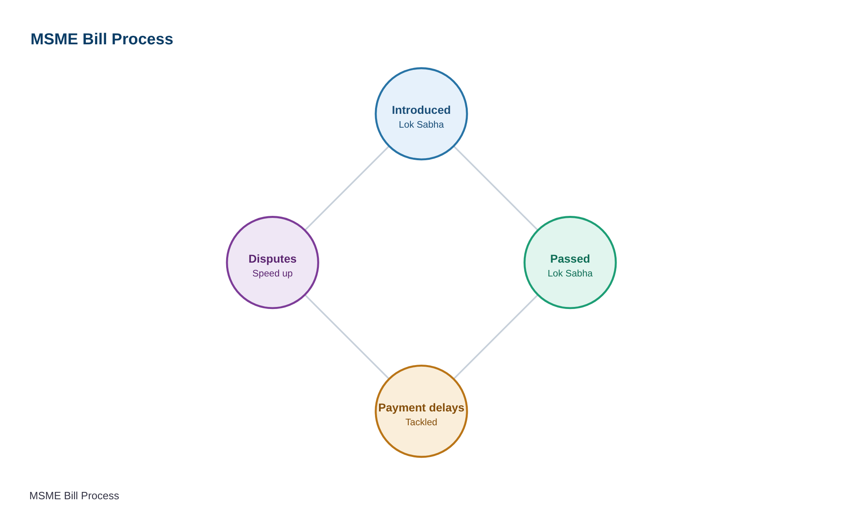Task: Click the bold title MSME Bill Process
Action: pyautogui.click(x=102, y=39)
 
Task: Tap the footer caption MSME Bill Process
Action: pyautogui.click(x=74, y=496)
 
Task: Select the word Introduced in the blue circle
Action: pyautogui.click(x=421, y=110)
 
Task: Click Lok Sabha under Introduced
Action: pyautogui.click(x=421, y=124)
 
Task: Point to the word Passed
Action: pyautogui.click(x=570, y=259)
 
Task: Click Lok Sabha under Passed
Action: pyautogui.click(x=570, y=273)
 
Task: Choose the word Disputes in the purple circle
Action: pyautogui.click(x=273, y=259)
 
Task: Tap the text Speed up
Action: pyautogui.click(x=273, y=274)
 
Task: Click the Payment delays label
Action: pyautogui.click(x=421, y=408)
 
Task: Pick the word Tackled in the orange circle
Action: pyautogui.click(x=421, y=422)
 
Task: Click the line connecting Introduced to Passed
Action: pyautogui.click(x=496, y=188)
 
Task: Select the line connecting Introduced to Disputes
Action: pyautogui.click(x=347, y=188)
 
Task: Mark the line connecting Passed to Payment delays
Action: pyautogui.click(x=496, y=337)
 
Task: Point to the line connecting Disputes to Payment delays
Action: pyautogui.click(x=347, y=337)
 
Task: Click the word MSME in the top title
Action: pyautogui.click(x=54, y=39)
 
